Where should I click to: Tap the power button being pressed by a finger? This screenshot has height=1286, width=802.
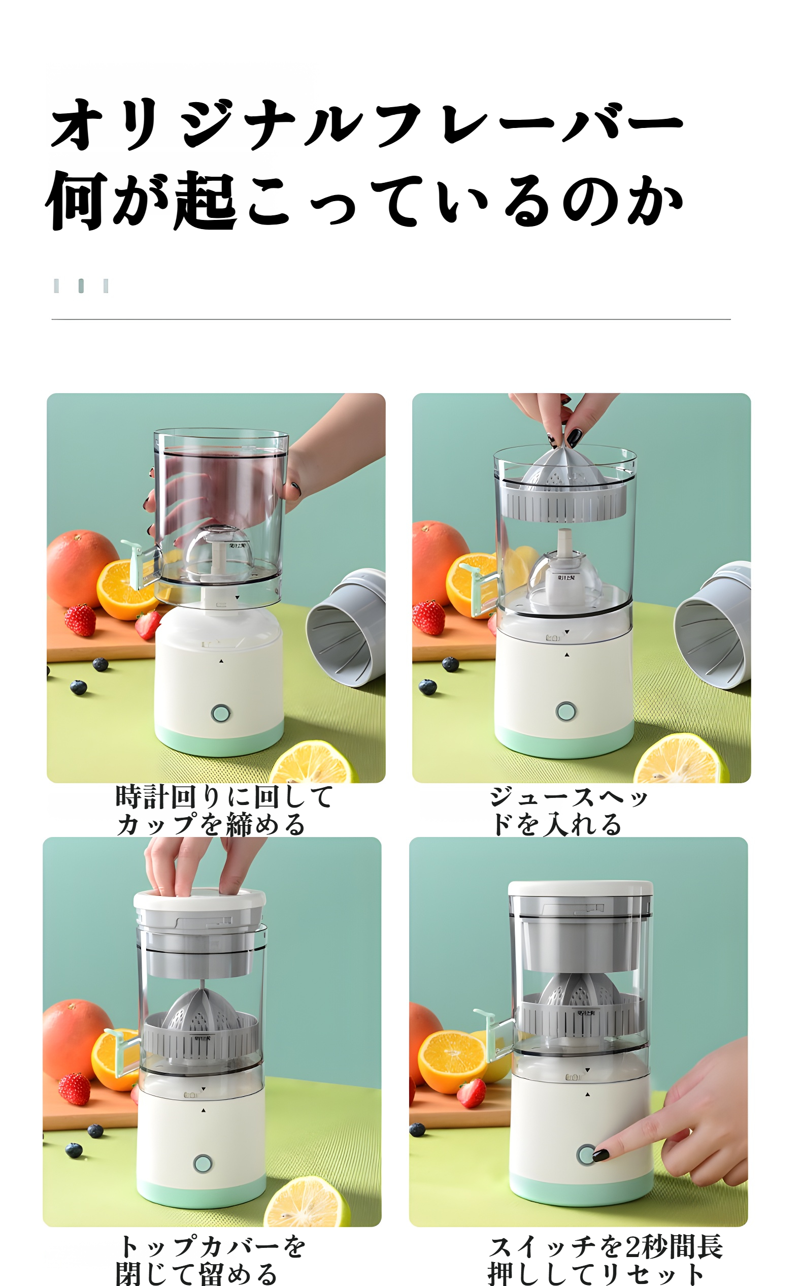586,1155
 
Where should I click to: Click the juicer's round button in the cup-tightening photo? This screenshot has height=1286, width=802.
221,713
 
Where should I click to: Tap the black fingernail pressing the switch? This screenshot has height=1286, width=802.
600,1155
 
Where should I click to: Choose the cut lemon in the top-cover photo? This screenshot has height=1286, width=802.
307,1202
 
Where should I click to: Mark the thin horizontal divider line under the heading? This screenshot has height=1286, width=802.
391,319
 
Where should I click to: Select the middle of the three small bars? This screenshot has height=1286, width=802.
81,285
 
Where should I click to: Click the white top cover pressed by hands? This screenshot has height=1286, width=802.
199,899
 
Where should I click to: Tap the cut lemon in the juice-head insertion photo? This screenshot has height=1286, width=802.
681,758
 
